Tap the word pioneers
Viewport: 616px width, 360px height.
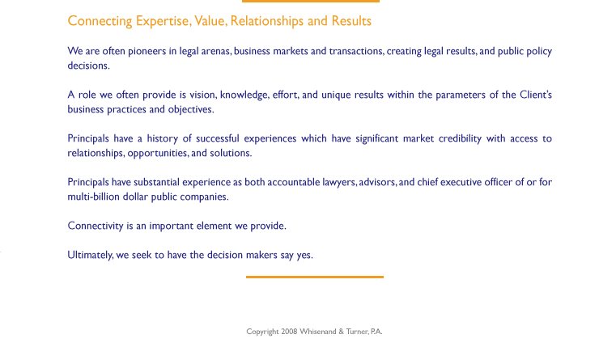coord(147,52)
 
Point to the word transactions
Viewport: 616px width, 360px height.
coord(356,51)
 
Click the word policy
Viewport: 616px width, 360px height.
coord(539,52)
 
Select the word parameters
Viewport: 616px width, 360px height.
coord(461,95)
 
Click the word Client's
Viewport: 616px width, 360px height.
coord(536,95)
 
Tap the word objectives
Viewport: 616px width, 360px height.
coord(191,109)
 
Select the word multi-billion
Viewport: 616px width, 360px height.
coord(93,197)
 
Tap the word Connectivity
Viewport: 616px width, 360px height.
coord(96,227)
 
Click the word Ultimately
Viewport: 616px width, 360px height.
coord(91,255)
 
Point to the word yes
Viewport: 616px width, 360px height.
coord(304,256)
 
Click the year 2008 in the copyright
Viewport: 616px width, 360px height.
coord(289,332)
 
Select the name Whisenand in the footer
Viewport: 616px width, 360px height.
coord(318,332)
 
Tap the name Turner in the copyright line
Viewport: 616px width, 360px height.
coord(357,332)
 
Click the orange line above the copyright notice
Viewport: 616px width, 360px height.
coord(315,277)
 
